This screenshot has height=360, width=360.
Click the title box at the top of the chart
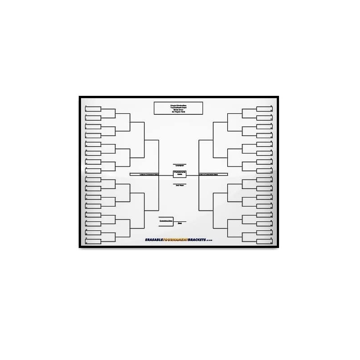(178, 108)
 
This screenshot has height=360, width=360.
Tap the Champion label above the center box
(180, 166)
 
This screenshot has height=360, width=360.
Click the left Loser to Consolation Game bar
(144, 174)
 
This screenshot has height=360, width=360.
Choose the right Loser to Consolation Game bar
(213, 174)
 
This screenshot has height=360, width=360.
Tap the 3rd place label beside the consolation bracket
(180, 223)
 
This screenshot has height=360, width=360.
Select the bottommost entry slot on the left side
(93, 242)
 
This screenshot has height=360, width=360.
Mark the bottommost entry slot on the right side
(264, 242)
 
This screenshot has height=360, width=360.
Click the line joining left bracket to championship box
(166, 175)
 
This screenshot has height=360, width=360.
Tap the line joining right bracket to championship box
(193, 175)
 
